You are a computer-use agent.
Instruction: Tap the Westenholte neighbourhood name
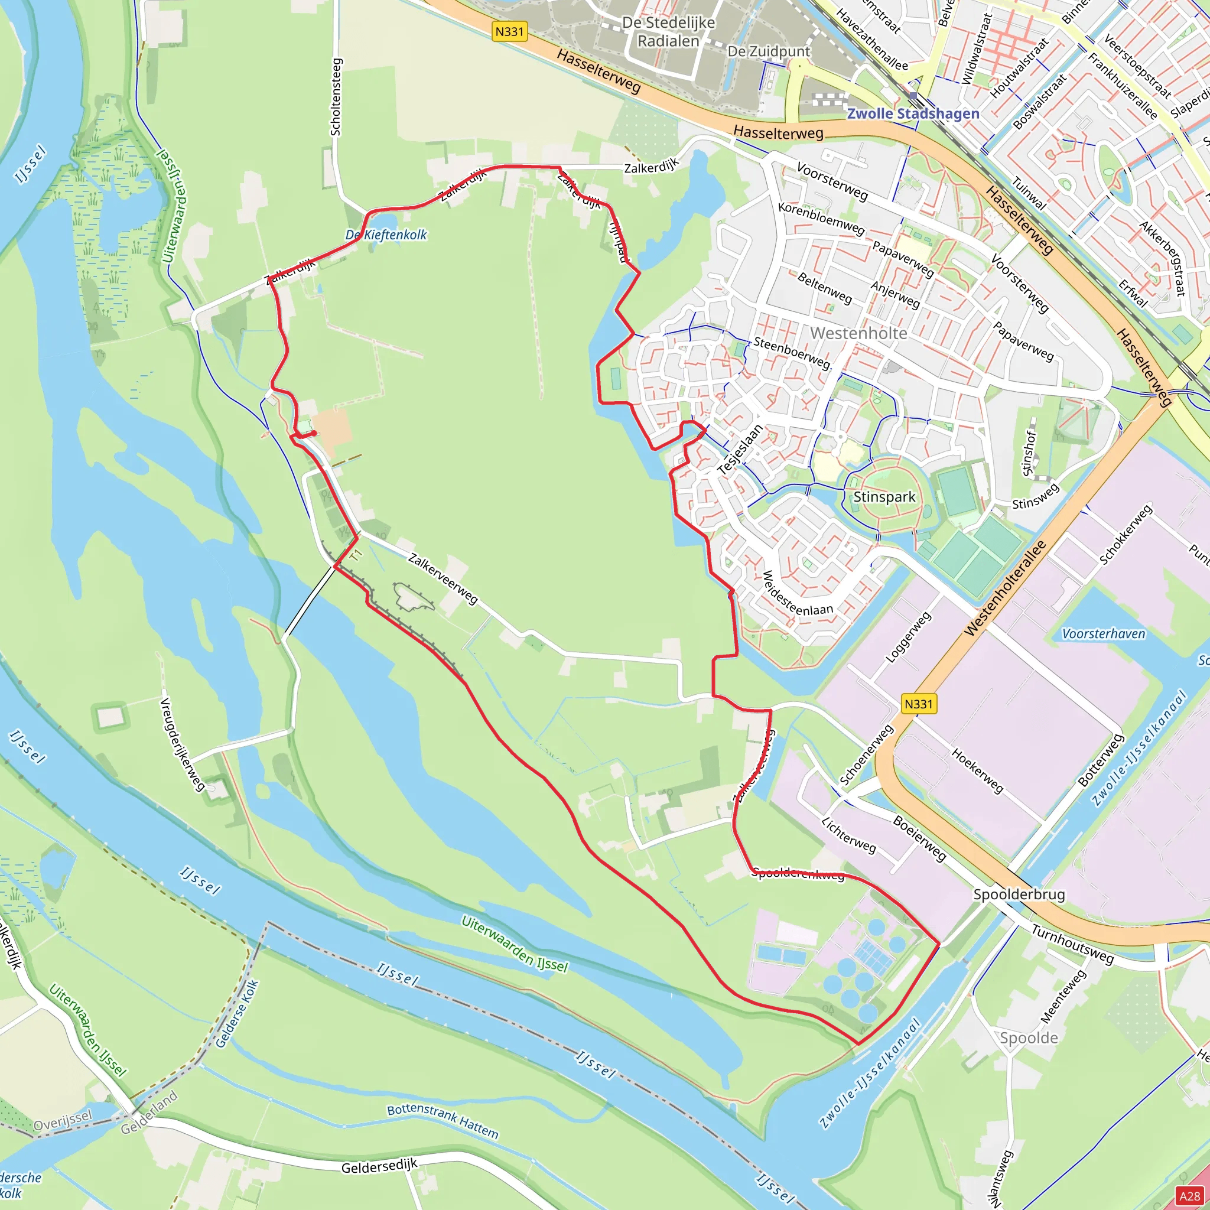coord(858,333)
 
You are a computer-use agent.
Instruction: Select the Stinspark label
coord(884,497)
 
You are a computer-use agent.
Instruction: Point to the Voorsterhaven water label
coord(1103,634)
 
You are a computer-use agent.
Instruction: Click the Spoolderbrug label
coord(1019,895)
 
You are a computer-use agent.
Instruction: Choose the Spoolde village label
coord(1029,1037)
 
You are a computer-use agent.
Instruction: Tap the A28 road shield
coord(1190,1196)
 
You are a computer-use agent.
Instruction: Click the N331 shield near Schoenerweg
coord(918,704)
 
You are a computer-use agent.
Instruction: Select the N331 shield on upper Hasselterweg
coord(509,31)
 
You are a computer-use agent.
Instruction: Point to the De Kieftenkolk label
coord(386,235)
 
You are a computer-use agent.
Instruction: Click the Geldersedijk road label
coord(379,1166)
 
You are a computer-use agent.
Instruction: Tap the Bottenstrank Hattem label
coord(442,1121)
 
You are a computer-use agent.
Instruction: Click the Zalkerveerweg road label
coord(443,578)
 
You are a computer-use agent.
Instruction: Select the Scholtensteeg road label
coord(336,97)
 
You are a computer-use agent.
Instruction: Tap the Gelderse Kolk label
coord(237,1013)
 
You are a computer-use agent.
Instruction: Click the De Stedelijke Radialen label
coord(668,32)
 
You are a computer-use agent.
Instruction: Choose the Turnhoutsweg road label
coord(1072,944)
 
